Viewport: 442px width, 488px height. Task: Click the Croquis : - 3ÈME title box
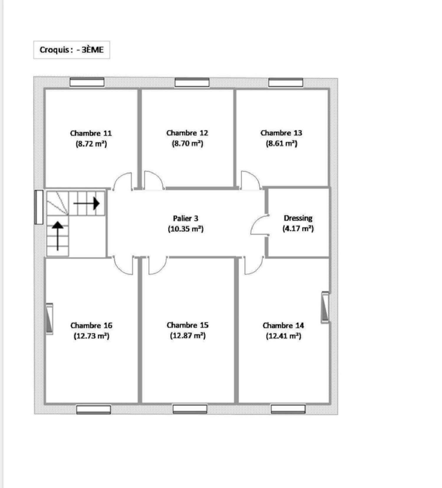[72, 50]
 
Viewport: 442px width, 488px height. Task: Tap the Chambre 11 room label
[91, 133]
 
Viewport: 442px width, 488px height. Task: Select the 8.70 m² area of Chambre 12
[187, 144]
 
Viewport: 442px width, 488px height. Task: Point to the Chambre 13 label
[281, 133]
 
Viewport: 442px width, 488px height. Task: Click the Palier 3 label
[186, 218]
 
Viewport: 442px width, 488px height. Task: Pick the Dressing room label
[298, 218]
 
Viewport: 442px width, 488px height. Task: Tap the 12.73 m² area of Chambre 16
[91, 336]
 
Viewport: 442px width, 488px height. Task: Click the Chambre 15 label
[187, 325]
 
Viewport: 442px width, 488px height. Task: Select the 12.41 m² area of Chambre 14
[283, 336]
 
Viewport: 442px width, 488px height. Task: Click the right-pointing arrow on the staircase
[87, 203]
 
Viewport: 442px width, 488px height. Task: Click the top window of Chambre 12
[192, 83]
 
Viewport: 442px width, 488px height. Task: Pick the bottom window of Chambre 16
[94, 409]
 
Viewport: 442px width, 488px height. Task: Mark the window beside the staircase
[39, 207]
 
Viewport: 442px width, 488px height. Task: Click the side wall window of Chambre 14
[325, 308]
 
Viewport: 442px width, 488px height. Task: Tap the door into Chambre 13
[250, 180]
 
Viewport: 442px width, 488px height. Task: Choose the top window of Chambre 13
[286, 83]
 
